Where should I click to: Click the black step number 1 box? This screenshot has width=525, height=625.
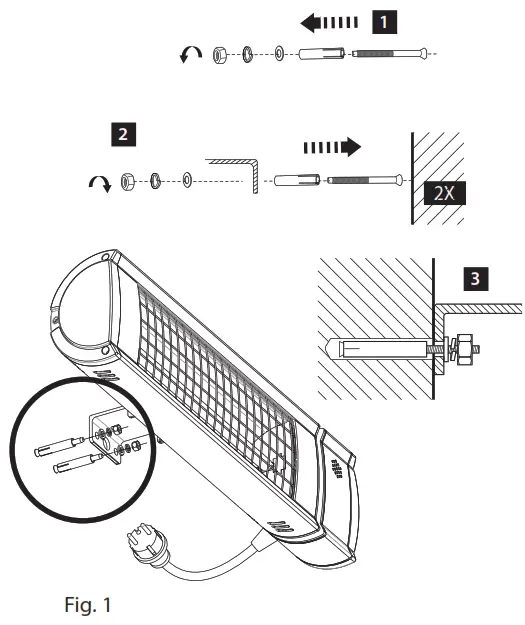pyautogui.click(x=383, y=19)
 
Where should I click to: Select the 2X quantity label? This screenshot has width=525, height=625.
pyautogui.click(x=441, y=193)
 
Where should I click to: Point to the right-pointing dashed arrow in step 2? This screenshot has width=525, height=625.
pyautogui.click(x=331, y=148)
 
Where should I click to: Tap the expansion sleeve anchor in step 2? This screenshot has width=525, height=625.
pyautogui.click(x=293, y=181)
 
